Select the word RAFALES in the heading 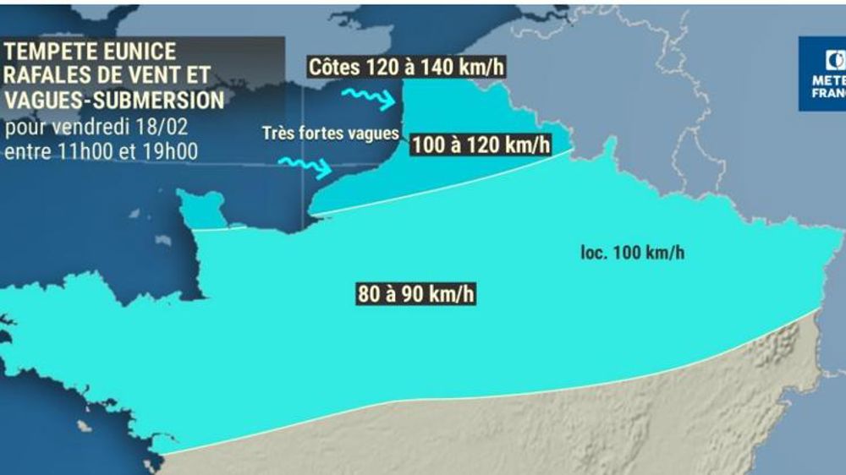click(x=47, y=77)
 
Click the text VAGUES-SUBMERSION click(x=114, y=101)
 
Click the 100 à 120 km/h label click(x=480, y=145)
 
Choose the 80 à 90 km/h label click(x=415, y=295)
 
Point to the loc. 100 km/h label click(x=632, y=253)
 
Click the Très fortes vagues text click(x=330, y=133)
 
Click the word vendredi click(x=91, y=130)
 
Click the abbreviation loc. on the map click(x=595, y=253)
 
